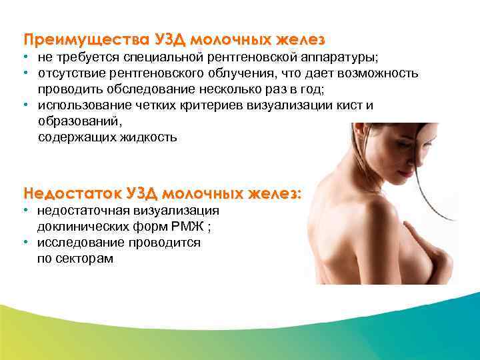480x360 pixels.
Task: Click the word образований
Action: point(81,122)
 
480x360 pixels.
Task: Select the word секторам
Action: point(85,259)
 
